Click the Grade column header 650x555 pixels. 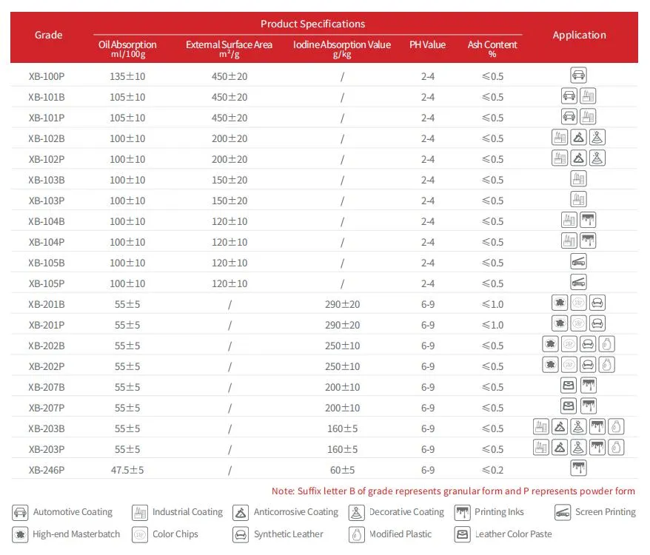(48, 35)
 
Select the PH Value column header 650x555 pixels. (428, 45)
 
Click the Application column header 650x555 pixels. (579, 35)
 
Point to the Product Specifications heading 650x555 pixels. (312, 24)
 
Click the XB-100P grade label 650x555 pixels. (47, 76)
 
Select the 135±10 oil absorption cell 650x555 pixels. (127, 76)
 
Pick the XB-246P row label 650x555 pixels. (47, 470)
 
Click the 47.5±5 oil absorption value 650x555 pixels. (127, 470)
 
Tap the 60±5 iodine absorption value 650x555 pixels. (342, 470)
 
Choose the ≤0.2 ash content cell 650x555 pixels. (492, 470)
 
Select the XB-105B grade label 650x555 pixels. (47, 263)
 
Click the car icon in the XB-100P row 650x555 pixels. (579, 75)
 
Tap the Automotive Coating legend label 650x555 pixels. (73, 512)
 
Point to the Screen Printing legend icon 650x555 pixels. (563, 512)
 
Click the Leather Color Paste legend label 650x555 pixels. (513, 534)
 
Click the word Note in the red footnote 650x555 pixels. (283, 491)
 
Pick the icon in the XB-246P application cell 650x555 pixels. (579, 468)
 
